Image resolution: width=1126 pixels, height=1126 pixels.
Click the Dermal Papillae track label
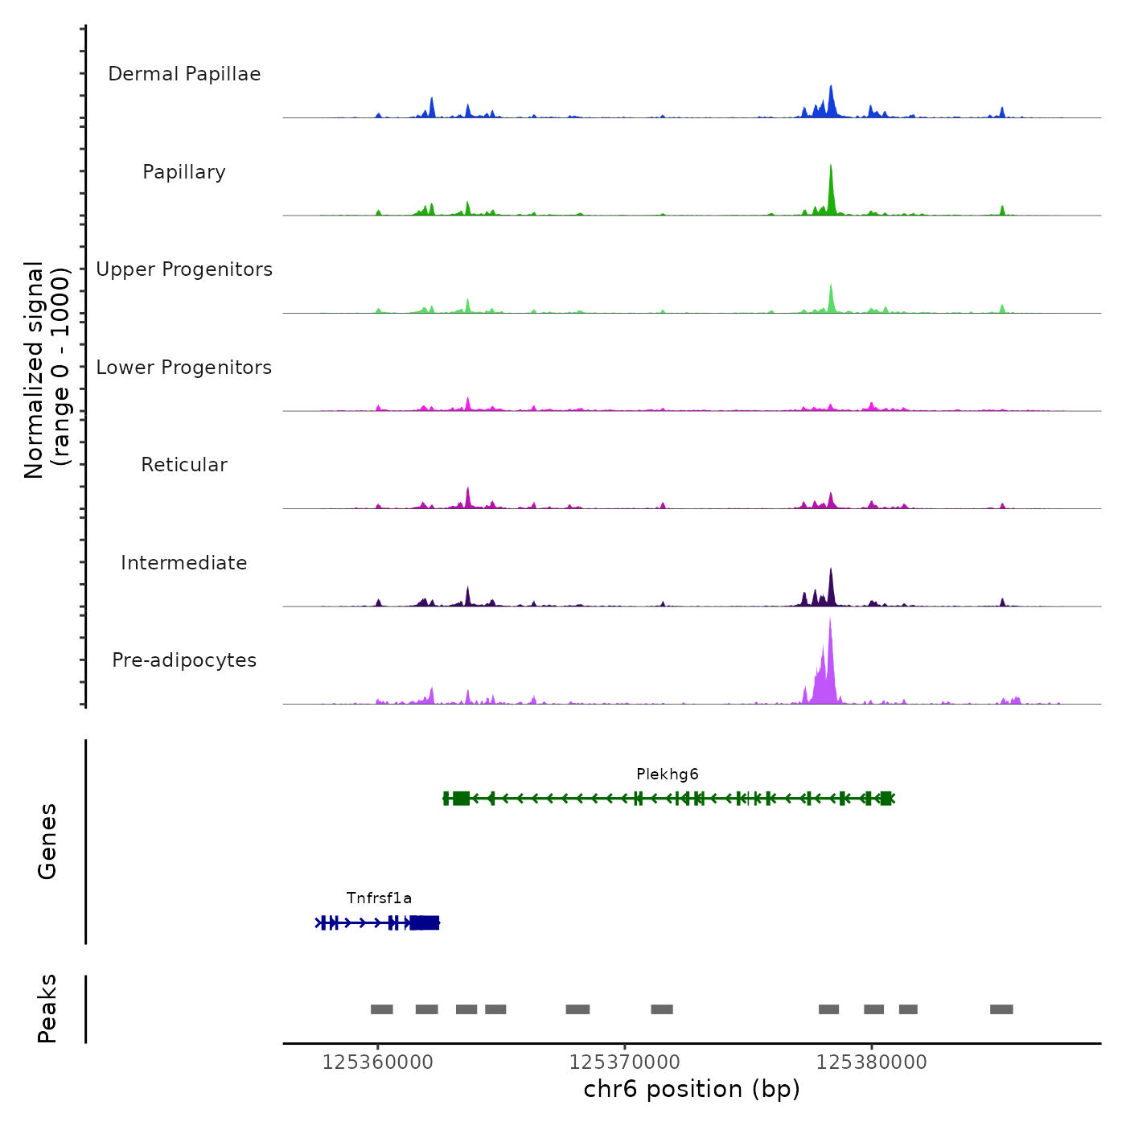pos(184,74)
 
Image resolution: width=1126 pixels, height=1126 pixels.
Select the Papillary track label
pos(184,172)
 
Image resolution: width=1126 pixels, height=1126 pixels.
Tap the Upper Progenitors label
pos(184,269)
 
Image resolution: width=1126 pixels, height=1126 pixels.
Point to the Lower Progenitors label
pos(184,368)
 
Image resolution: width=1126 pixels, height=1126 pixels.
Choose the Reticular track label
pos(184,465)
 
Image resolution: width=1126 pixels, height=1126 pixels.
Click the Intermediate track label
pos(184,563)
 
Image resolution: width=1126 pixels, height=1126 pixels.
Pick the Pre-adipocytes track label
pos(184,660)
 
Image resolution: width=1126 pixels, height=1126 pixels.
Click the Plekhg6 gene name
pos(668,775)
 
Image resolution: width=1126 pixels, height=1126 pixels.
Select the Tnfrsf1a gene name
pos(379,898)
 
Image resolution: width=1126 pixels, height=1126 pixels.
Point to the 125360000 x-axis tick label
pos(377,1062)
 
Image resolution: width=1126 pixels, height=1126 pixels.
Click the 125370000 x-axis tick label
pos(624,1062)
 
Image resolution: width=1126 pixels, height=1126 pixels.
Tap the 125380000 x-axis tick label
pos(871,1062)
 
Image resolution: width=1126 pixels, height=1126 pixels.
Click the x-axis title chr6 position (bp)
pos(692,1089)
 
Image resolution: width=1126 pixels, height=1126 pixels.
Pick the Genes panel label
pos(47,841)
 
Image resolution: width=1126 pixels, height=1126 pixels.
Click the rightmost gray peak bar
pos(1001,1009)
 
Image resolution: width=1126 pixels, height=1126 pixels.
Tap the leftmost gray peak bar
pos(381,1009)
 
